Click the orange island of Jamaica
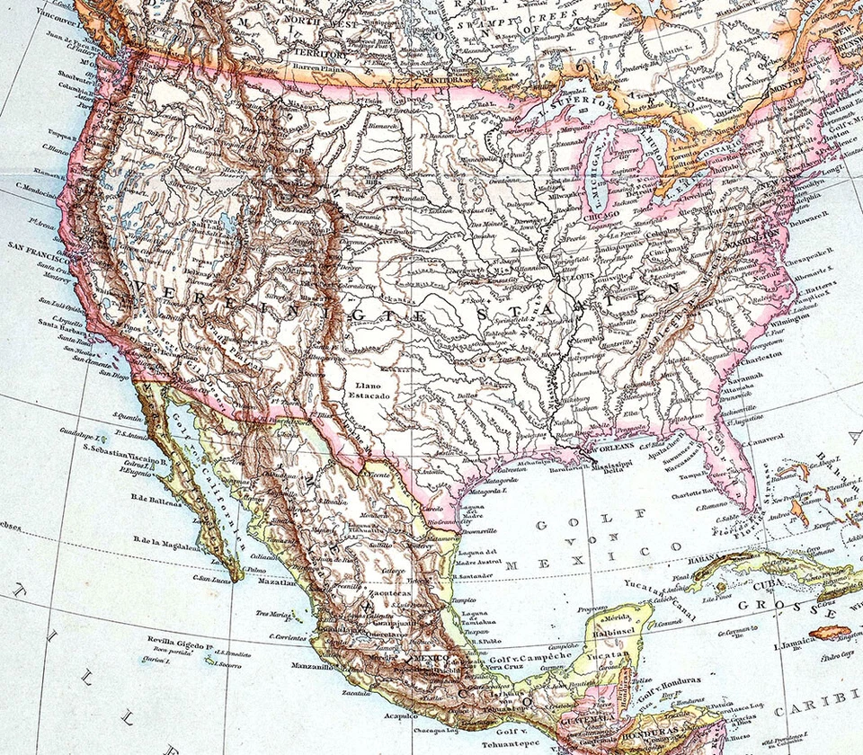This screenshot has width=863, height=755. click(x=829, y=632)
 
